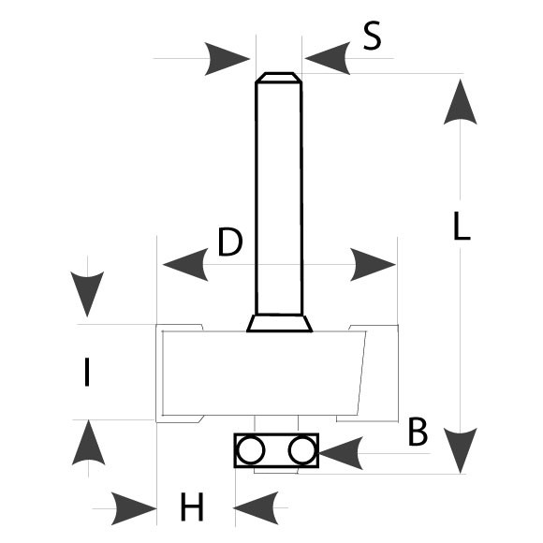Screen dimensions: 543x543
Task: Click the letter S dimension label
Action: point(373,36)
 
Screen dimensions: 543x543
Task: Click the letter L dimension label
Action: point(462,226)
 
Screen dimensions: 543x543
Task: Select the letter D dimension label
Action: point(230,242)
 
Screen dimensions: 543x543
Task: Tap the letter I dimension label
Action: point(87,372)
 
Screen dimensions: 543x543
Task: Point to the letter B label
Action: point(418,432)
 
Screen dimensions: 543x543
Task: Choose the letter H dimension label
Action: point(192,506)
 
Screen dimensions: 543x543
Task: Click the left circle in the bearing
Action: point(251,450)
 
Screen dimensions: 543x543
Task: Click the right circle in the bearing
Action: point(302,450)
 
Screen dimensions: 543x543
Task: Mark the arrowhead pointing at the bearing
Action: point(341,453)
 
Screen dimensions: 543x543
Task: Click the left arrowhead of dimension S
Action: point(227,59)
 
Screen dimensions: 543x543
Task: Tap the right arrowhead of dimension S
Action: point(328,58)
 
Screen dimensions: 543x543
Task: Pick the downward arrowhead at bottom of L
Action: point(461,451)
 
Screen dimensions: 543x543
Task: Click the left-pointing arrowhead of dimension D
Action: point(185,265)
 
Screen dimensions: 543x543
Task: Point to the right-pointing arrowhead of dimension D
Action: point(373,265)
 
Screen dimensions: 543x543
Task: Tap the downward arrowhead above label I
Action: point(87,294)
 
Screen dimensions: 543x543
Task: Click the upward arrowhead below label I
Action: point(88,442)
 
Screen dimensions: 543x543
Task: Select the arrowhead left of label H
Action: point(134,508)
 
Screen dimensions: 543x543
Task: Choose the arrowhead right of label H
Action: point(256,507)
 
